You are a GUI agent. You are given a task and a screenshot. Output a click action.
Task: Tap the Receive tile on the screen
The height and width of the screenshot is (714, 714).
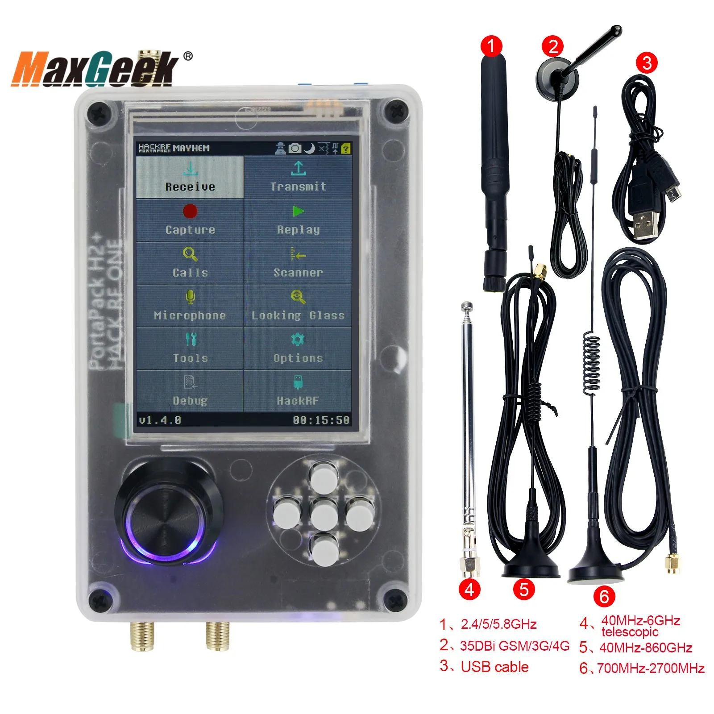pos(190,177)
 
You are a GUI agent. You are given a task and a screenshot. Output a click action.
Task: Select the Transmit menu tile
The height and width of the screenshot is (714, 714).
pos(298,177)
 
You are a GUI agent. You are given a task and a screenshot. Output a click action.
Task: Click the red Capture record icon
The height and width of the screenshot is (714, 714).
pos(190,211)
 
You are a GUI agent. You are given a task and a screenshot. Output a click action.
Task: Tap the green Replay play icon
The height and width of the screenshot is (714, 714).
pos(298,211)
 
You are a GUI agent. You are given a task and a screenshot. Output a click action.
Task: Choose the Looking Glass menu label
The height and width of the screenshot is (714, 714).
pos(298,315)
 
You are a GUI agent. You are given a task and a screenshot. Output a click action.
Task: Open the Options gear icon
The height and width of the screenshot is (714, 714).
pos(298,340)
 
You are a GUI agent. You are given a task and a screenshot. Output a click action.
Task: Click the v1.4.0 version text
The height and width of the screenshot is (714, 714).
pos(160,420)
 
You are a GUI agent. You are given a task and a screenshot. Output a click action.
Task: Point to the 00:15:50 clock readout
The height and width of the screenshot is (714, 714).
pos(321,420)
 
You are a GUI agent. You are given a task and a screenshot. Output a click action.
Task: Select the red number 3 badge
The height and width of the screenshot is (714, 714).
pos(647,62)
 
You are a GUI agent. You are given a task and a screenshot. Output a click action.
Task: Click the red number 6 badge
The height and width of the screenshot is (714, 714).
pos(604,596)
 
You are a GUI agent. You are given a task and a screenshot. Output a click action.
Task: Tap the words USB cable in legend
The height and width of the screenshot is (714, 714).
pos(494,667)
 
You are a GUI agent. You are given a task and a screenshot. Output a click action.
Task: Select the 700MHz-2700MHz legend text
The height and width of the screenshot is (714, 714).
pos(651,668)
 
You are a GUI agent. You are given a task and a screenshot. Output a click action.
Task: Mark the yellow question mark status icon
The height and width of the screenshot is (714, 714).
pos(346,149)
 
